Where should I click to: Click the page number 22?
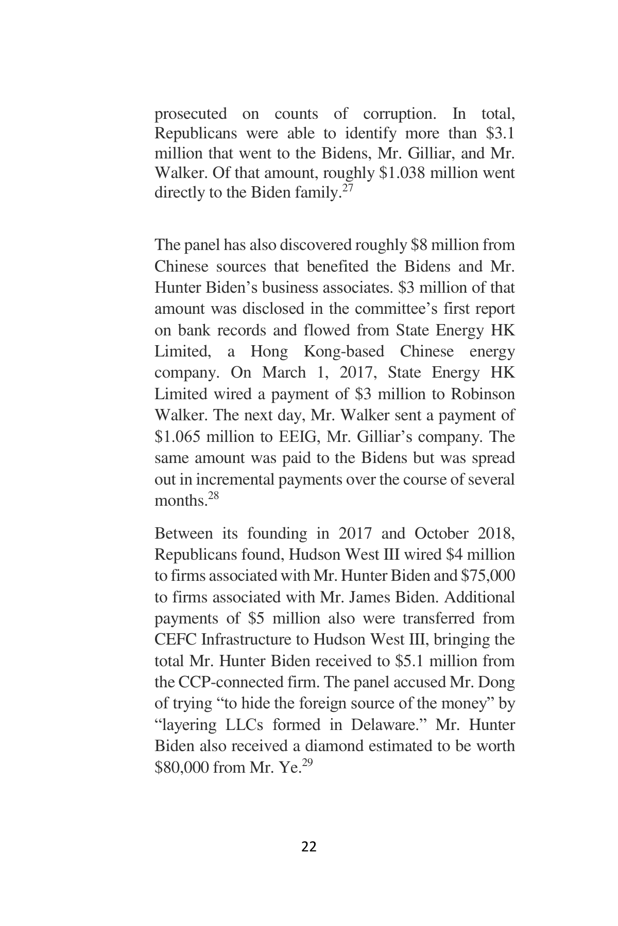[308, 846]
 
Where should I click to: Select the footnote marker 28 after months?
[213, 496]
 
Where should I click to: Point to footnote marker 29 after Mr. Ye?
[307, 763]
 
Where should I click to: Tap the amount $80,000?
[181, 768]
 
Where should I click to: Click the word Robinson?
[483, 394]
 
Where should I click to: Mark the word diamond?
[335, 746]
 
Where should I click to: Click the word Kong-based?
[344, 351]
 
